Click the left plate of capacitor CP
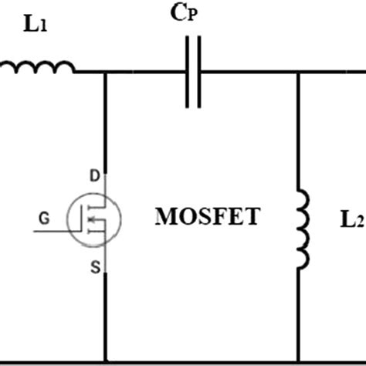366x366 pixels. (x=188, y=73)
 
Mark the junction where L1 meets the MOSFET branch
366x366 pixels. (x=104, y=73)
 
